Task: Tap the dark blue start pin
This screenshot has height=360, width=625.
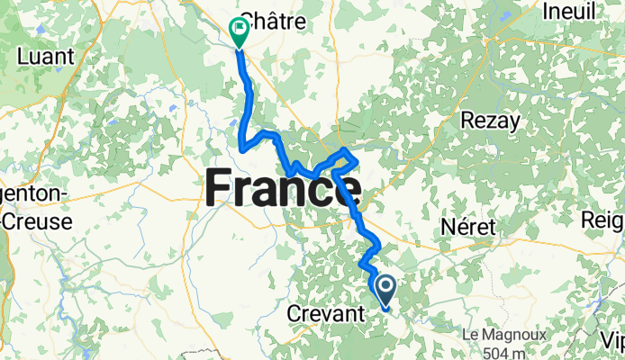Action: (x=385, y=291)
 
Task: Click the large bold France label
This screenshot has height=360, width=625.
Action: (x=283, y=190)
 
